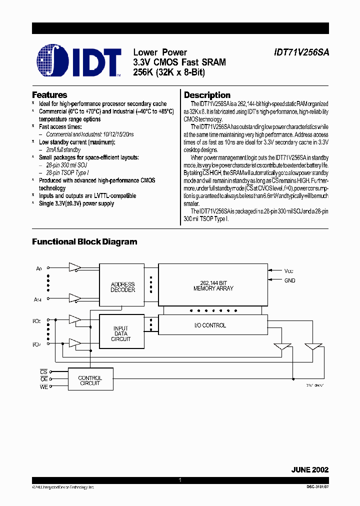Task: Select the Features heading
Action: tap(49, 95)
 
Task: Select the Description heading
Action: tap(207, 95)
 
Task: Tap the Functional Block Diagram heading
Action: tap(84, 242)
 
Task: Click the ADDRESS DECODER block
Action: tap(122, 287)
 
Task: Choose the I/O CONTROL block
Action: tap(210, 325)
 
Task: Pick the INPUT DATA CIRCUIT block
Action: tap(121, 333)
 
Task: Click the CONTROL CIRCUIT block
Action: tap(90, 380)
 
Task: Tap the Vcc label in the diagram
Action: tap(289, 270)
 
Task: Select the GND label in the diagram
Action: tap(290, 281)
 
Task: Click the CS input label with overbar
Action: tap(43, 372)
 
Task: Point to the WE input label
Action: tap(44, 386)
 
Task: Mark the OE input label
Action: tap(43, 379)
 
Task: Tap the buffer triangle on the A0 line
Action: tap(75, 266)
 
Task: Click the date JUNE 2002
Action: tap(310, 470)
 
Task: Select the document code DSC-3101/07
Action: tap(314, 487)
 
